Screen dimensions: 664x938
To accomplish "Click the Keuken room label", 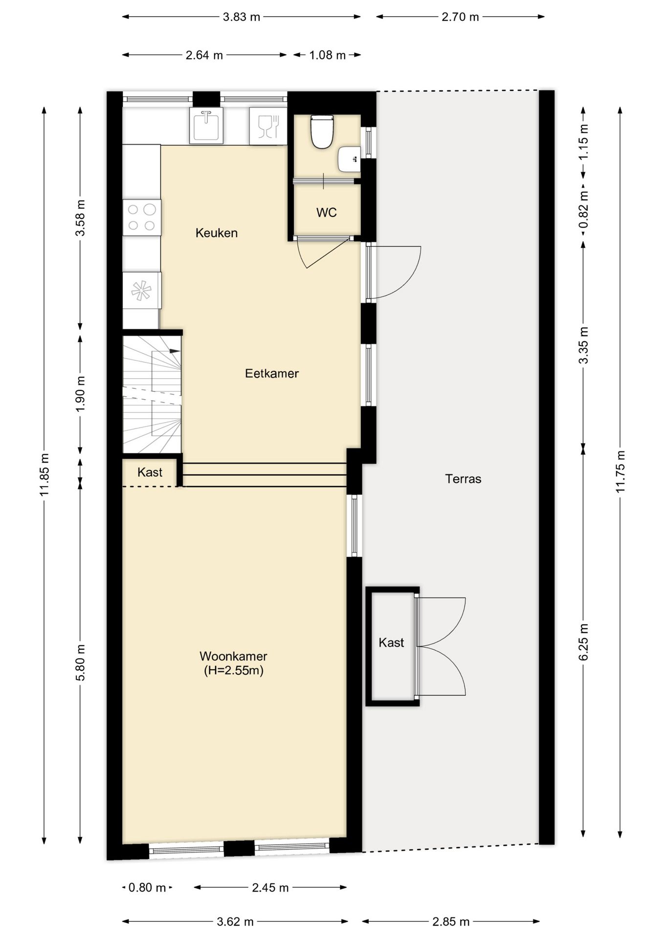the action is point(217,233).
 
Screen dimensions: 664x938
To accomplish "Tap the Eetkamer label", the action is point(272,373).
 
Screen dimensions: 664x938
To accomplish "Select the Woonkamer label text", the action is point(234,656).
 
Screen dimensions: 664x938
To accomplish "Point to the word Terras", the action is point(463,479).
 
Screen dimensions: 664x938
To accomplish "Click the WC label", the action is point(327,213).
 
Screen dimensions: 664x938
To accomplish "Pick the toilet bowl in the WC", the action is point(322,131).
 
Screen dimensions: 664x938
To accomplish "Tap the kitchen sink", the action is point(206,126).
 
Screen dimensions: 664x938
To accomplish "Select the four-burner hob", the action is point(142,218).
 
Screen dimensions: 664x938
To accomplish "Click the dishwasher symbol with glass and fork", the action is point(268,126).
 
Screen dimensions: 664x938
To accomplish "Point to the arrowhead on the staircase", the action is point(175,351).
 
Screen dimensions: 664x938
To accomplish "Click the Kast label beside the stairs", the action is point(150,472).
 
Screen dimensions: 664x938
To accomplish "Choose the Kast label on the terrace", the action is point(391,642).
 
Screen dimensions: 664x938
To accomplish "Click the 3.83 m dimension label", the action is point(242,17).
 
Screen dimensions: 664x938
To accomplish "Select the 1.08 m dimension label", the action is point(328,55).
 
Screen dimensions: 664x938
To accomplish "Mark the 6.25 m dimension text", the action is point(583,642).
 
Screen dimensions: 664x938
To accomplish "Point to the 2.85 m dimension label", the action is point(451,922).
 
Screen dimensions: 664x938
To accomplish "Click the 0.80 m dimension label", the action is point(147,888).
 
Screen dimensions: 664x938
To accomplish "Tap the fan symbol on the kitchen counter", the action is point(141,291).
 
